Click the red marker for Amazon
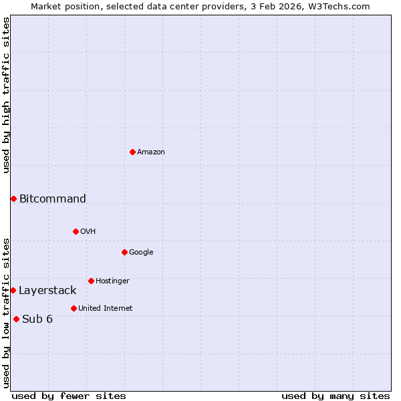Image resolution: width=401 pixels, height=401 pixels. tap(132, 152)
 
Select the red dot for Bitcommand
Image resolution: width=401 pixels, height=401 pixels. tap(13, 198)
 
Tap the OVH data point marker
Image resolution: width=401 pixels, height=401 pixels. tap(76, 231)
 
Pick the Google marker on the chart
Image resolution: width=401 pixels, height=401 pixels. tap(124, 252)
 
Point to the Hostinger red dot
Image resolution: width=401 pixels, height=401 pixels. tap(91, 281)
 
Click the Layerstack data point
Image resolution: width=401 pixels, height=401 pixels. tap(13, 290)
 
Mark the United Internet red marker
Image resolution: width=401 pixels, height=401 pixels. tap(74, 308)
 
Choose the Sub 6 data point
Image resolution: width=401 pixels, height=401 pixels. tap(16, 319)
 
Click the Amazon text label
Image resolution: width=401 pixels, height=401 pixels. tap(151, 152)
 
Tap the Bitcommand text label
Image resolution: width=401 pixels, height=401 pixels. tap(53, 198)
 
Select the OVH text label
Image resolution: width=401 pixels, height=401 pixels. tap(88, 232)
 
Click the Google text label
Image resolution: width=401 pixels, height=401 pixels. tap(141, 253)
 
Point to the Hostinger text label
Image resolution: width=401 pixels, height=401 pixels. tap(112, 281)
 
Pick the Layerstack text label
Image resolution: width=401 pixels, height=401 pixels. tap(47, 290)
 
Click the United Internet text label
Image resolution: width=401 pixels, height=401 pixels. tap(106, 309)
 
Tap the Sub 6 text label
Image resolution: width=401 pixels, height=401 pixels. tap(37, 319)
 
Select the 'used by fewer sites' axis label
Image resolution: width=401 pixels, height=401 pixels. tap(69, 396)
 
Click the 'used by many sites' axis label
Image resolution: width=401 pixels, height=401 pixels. tap(336, 396)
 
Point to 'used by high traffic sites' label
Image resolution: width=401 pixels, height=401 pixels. tap(6, 95)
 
